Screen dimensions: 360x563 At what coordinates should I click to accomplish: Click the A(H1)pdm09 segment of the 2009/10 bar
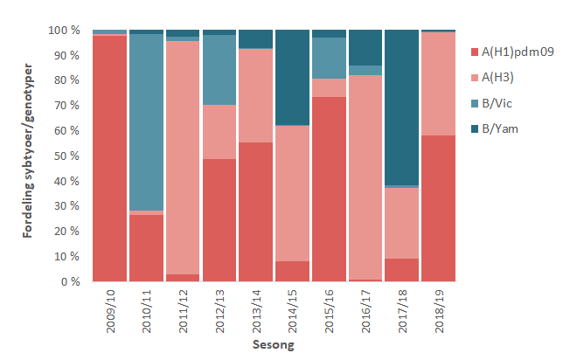109,157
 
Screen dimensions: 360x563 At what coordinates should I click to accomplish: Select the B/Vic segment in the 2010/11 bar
146,122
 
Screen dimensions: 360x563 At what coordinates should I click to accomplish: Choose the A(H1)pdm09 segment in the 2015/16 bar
330,189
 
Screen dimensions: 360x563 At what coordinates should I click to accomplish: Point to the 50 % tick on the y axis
66,156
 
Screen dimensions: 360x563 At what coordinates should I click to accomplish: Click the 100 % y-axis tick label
64,31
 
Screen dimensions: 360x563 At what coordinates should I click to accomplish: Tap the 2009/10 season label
110,311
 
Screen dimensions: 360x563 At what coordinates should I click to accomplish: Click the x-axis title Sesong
274,345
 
